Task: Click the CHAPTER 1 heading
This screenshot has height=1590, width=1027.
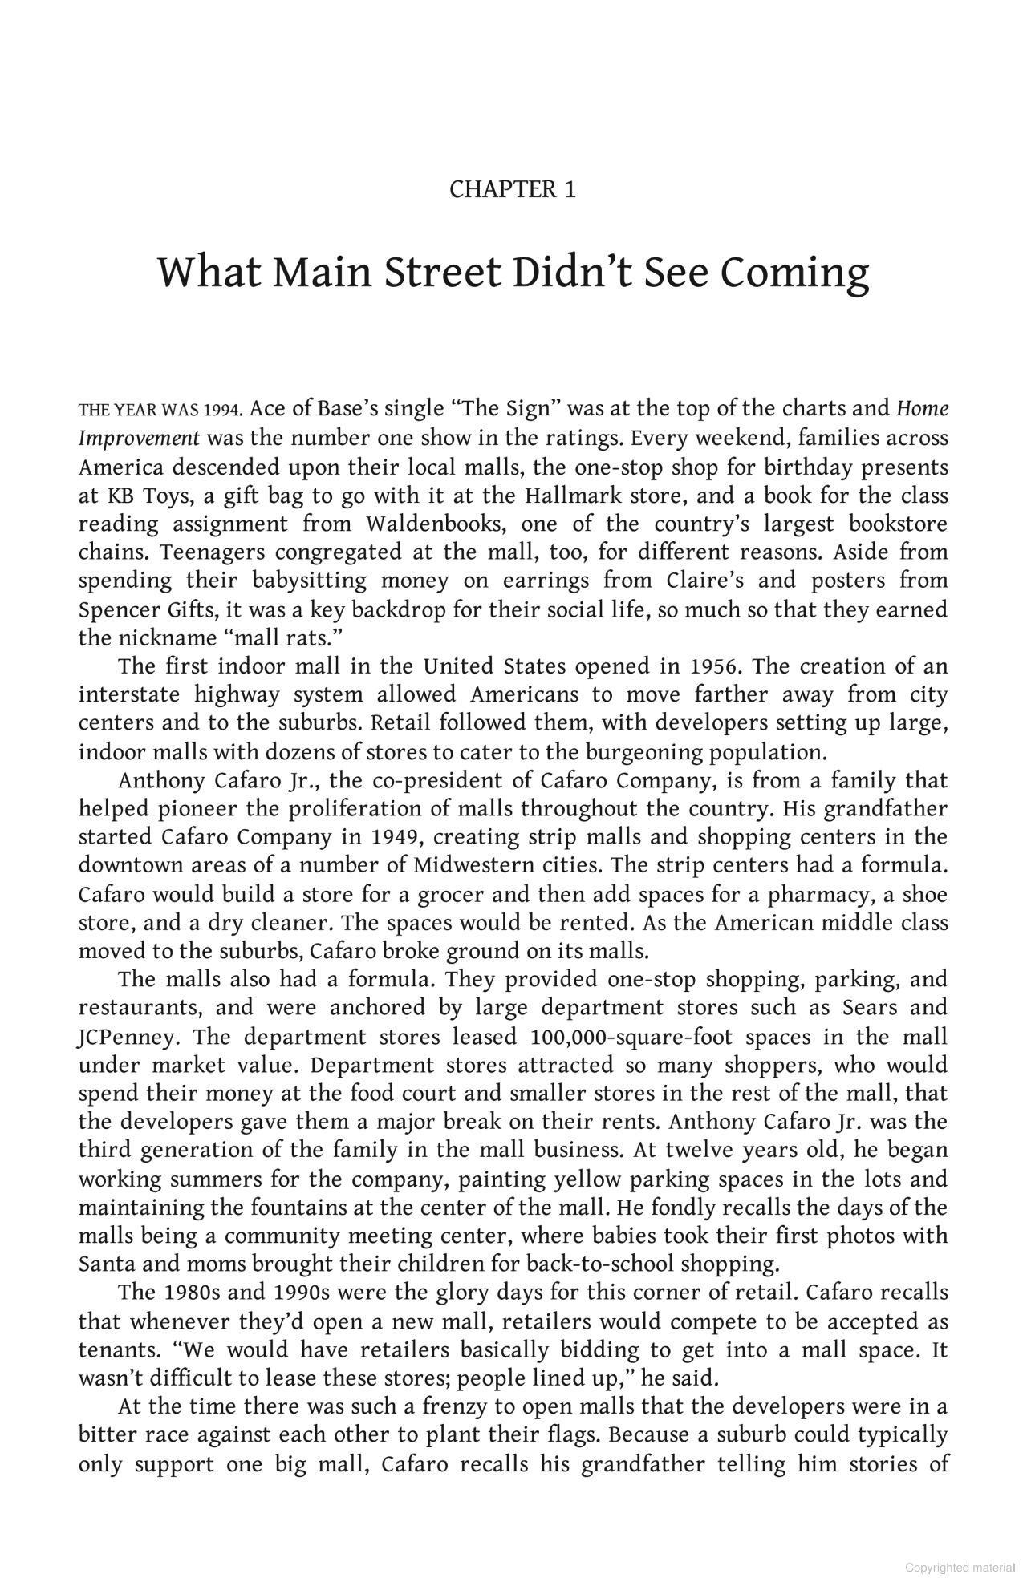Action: point(512,190)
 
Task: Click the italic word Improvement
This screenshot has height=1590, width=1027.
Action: point(139,439)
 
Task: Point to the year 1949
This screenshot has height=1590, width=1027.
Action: point(396,837)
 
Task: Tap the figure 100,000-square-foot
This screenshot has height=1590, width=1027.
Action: point(631,1037)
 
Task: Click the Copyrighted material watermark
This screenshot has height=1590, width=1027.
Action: point(959,1568)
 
